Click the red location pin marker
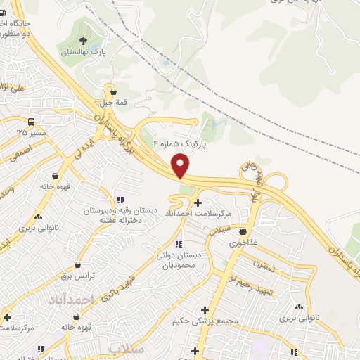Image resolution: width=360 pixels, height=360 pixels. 181,166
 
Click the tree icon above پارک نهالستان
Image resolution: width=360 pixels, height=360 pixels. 84,40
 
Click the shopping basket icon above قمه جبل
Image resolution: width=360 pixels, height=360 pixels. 111,90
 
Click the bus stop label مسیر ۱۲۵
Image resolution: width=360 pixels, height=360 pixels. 32,132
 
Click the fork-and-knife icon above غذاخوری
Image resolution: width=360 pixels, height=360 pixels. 243,230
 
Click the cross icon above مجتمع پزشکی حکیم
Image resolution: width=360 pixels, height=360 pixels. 205,310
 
